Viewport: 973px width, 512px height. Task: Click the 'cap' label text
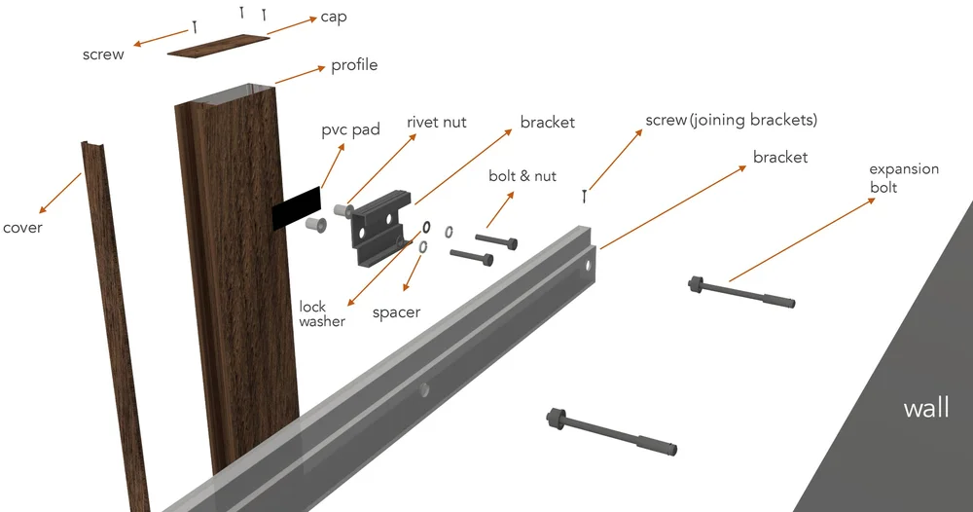pos(333,18)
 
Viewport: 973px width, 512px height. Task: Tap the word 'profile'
pos(354,66)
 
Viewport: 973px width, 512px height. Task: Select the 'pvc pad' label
pos(350,130)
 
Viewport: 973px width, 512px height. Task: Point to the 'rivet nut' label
pos(436,123)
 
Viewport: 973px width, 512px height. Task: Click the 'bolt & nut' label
pos(523,176)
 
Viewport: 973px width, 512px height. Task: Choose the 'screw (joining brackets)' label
pos(731,120)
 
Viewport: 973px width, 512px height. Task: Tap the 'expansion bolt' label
pos(904,178)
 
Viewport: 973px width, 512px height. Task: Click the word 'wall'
pos(926,409)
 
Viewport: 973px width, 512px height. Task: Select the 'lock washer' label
pos(322,314)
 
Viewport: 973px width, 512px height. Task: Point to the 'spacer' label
pos(397,312)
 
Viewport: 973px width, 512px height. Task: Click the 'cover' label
pos(22,228)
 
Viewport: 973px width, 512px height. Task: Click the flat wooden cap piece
pos(218,46)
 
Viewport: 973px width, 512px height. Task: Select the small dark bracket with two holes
pos(378,229)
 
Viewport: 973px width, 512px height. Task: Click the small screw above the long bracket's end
pos(584,196)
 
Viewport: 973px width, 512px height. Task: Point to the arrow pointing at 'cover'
pos(59,193)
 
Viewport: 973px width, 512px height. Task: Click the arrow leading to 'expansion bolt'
pos(802,239)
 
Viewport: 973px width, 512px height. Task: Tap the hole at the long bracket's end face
pos(587,267)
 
